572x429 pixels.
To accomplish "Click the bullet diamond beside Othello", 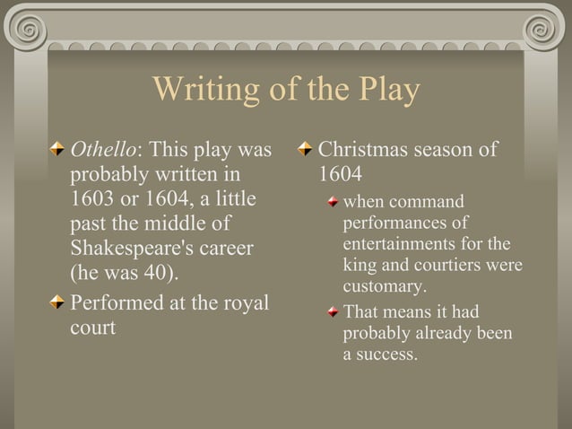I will [x=58, y=148].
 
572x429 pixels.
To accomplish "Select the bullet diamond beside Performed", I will [x=58, y=303].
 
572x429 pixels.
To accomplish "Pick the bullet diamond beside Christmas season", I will [x=307, y=148].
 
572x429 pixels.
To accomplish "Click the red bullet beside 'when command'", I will [x=333, y=202].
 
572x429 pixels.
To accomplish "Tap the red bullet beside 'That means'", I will [x=333, y=312].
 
